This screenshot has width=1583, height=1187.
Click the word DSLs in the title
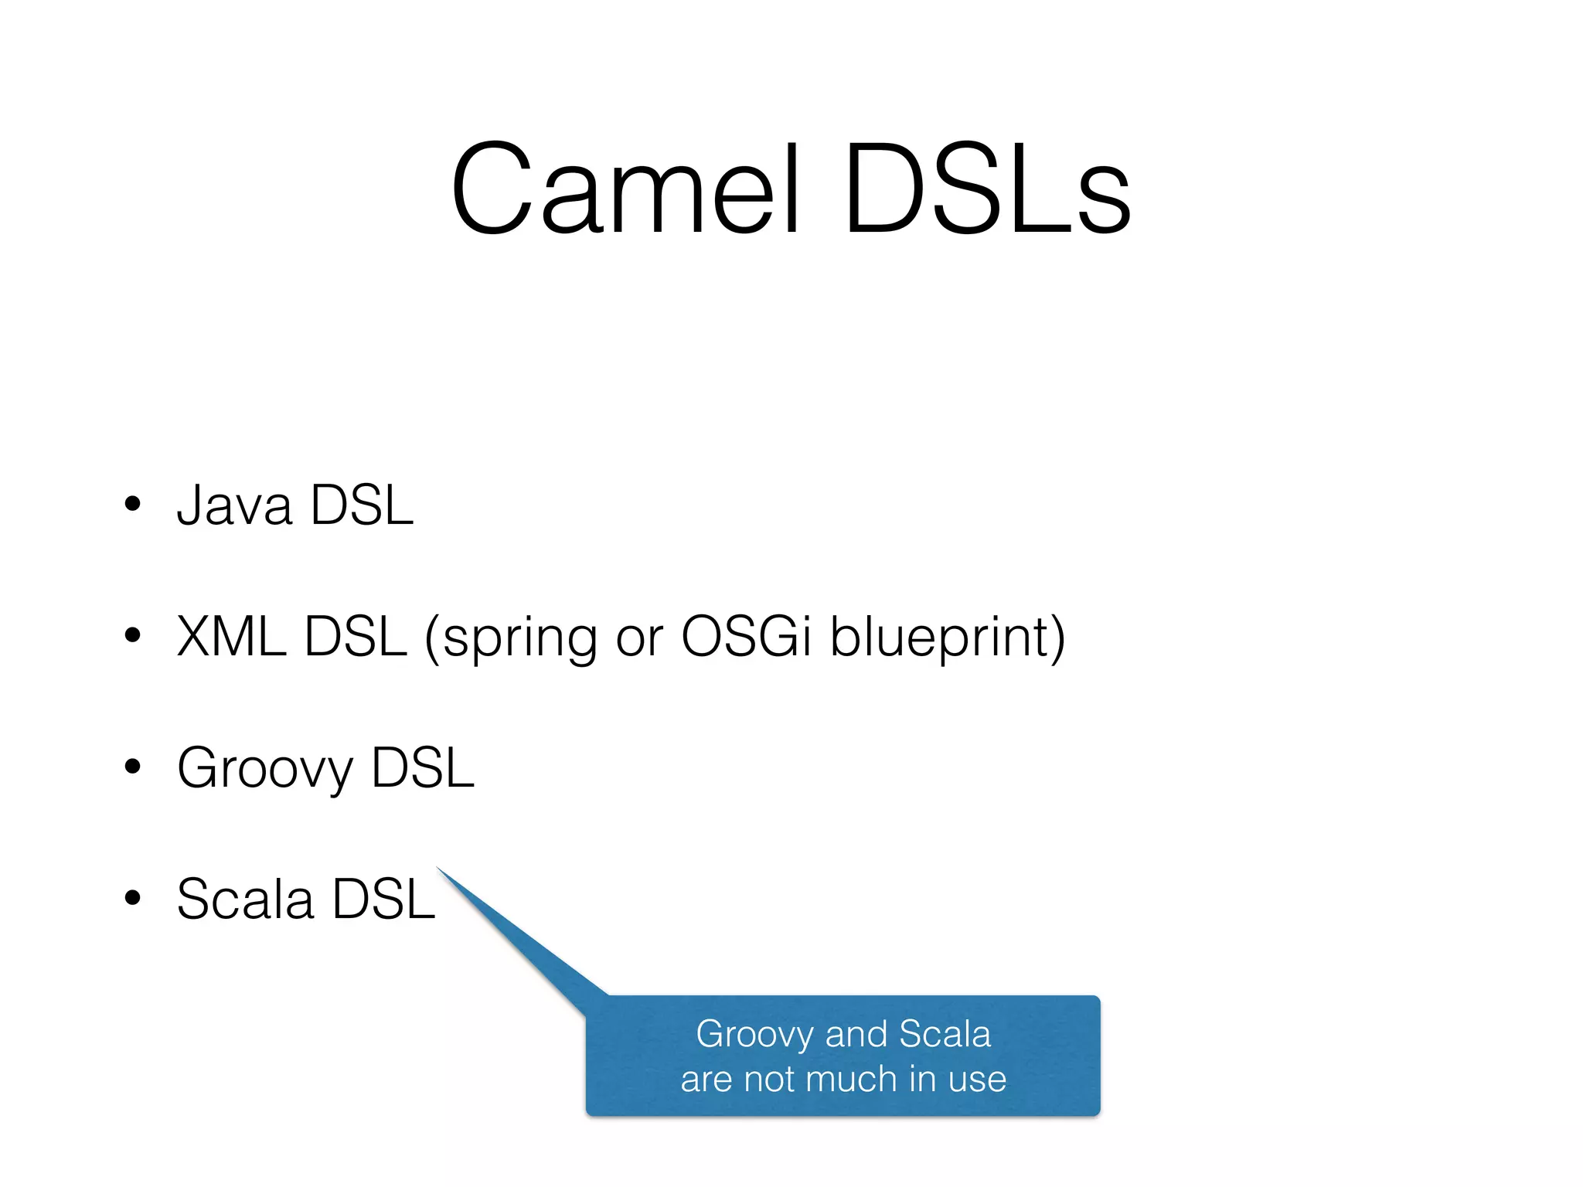coord(987,189)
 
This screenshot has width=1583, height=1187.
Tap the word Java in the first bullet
coord(234,505)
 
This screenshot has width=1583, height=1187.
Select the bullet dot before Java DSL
coord(133,504)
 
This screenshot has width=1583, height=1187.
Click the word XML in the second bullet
coord(230,637)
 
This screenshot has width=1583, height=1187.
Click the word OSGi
coord(746,637)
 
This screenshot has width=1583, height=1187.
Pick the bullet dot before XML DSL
coord(133,635)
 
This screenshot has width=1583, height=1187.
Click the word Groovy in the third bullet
coord(265,770)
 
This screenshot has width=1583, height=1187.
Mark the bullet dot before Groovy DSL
coord(133,767)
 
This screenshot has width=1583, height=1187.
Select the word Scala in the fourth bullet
coord(245,900)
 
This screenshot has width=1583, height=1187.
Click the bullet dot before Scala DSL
coord(133,898)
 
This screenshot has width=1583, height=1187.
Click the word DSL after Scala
coord(383,900)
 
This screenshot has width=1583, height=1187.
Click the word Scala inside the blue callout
coord(945,1034)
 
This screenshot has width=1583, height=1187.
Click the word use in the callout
coord(977,1080)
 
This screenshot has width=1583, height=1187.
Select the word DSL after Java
coord(361,505)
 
